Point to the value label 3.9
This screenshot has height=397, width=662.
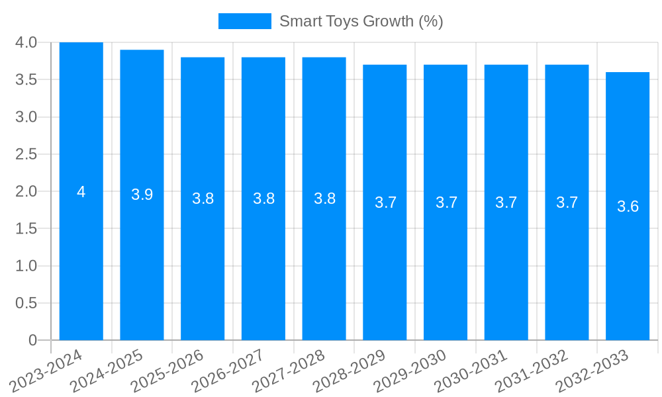pos(142,195)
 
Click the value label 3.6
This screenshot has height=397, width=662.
pos(628,206)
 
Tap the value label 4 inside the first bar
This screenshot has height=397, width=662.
pos(81,192)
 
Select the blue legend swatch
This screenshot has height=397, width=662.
pos(244,21)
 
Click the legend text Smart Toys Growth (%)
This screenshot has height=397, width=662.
pos(361,21)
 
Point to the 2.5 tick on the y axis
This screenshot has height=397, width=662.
pos(26,154)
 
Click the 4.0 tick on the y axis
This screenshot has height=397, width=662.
pos(26,42)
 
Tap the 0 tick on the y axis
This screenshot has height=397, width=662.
pos(32,340)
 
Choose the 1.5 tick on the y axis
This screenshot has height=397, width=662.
pos(26,228)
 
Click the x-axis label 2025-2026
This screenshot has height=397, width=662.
pos(167,371)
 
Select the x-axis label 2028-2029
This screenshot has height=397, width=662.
pos(349,371)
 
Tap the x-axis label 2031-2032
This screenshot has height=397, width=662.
pos(531,371)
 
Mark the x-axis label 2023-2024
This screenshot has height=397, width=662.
pos(46,371)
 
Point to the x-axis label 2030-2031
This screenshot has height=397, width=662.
pos(470,371)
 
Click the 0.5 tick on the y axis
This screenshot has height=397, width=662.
pos(26,303)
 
